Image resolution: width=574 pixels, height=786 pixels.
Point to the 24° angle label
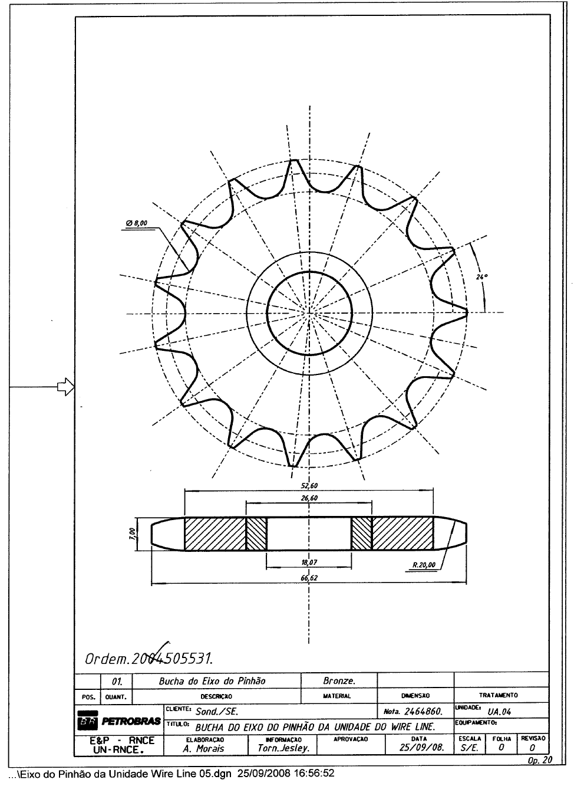pos(480,276)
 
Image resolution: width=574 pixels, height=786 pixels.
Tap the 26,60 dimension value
pos(309,498)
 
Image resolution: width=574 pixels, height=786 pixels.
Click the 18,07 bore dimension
pos(309,563)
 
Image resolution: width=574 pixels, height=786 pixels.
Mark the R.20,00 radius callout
pos(423,565)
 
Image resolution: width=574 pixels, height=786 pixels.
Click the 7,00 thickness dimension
pos(133,534)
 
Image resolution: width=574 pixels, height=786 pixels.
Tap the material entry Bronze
pos(339,680)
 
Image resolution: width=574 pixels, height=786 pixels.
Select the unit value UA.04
pos(500,712)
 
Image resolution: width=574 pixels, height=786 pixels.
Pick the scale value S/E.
pos(469,749)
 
